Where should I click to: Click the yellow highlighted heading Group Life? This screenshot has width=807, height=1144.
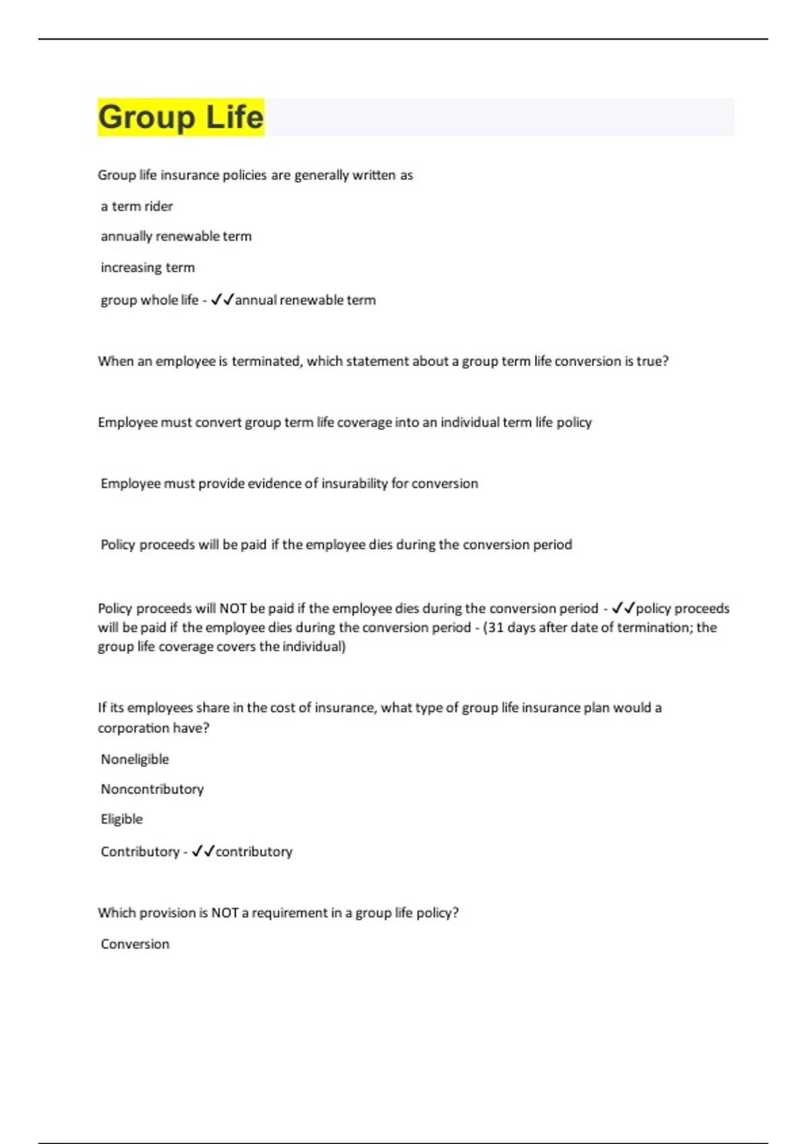click(180, 117)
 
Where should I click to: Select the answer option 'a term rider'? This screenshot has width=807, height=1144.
click(137, 206)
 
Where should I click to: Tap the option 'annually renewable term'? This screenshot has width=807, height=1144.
click(176, 236)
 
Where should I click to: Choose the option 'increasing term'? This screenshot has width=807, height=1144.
click(148, 267)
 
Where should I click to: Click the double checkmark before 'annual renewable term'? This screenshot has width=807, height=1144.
click(222, 299)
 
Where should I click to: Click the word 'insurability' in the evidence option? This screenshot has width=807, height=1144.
click(354, 483)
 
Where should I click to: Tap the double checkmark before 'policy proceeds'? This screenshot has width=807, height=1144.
click(623, 608)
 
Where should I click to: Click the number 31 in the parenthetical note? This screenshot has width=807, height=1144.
click(495, 627)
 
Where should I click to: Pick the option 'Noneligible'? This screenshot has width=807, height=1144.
click(134, 759)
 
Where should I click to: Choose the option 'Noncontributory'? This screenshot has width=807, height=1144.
click(152, 789)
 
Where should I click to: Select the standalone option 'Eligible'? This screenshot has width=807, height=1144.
click(122, 819)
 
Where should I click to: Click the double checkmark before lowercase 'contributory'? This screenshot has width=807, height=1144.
click(202, 851)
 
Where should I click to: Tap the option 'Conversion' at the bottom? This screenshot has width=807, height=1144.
click(135, 943)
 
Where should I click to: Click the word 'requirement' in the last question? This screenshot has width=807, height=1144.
click(289, 913)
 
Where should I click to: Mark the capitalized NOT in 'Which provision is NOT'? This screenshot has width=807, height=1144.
click(225, 913)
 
